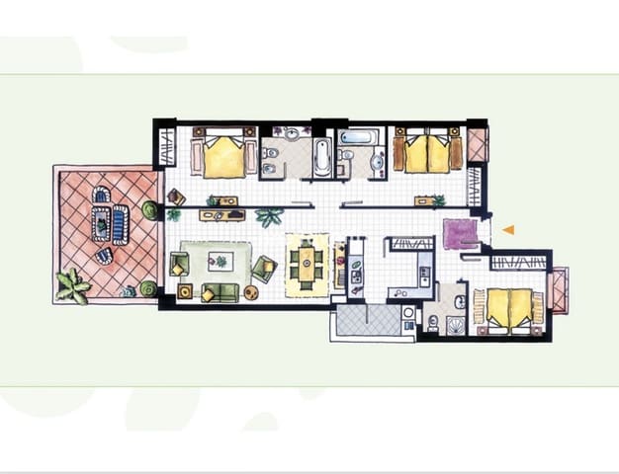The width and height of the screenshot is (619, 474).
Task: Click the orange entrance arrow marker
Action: [508, 230]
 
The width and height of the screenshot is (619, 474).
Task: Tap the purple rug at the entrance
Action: [460, 234]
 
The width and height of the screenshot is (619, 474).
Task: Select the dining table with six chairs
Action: [306, 265]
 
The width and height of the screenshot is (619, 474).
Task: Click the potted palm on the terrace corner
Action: [72, 285]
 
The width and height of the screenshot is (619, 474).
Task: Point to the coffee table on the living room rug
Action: [220, 262]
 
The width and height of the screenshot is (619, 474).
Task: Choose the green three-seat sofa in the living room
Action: [221, 292]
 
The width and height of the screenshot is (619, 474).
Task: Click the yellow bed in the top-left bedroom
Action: [224, 154]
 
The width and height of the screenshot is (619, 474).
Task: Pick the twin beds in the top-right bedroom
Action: [428, 152]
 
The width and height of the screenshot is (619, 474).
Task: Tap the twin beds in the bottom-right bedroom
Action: [510, 307]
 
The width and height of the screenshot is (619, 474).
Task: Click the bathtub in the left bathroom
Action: [322, 157]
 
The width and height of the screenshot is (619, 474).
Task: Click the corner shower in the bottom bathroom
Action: [454, 325]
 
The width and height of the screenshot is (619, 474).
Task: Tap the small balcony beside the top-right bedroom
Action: [478, 144]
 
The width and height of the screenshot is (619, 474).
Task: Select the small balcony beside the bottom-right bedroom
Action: [557, 290]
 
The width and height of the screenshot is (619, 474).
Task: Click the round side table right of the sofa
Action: [251, 293]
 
